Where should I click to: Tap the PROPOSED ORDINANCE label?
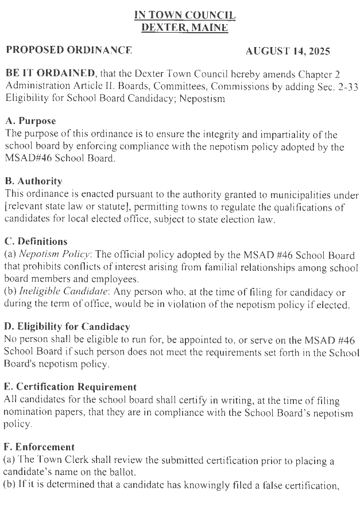(x=69, y=50)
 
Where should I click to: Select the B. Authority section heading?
(x=33, y=181)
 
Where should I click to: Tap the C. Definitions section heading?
(x=36, y=242)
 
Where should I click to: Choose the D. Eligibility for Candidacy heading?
(x=67, y=326)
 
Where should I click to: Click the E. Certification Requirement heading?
(x=70, y=387)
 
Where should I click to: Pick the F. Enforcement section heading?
(x=39, y=447)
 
